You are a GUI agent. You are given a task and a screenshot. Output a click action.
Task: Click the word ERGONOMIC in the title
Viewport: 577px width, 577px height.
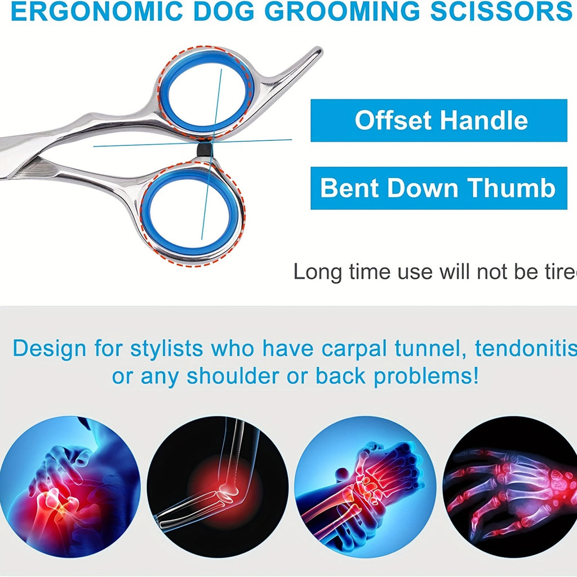[96, 12]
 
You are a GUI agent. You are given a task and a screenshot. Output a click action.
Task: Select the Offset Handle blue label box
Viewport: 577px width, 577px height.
[439, 121]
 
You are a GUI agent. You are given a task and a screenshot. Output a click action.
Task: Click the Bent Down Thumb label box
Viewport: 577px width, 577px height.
[439, 188]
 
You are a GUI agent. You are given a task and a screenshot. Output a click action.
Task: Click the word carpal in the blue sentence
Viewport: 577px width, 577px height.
[386, 349]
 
